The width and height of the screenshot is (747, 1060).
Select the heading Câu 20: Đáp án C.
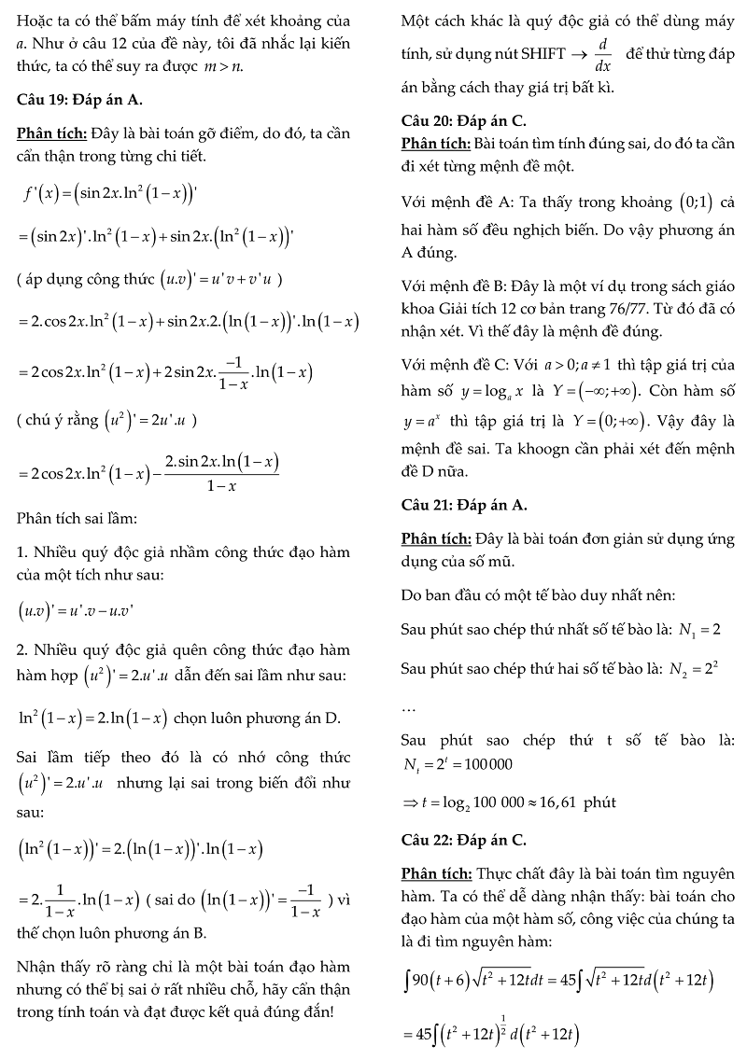click(x=463, y=121)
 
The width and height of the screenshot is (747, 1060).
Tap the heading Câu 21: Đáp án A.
click(x=464, y=505)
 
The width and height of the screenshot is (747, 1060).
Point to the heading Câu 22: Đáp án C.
click(x=463, y=840)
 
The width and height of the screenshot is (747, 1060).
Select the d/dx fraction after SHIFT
click(x=602, y=54)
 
